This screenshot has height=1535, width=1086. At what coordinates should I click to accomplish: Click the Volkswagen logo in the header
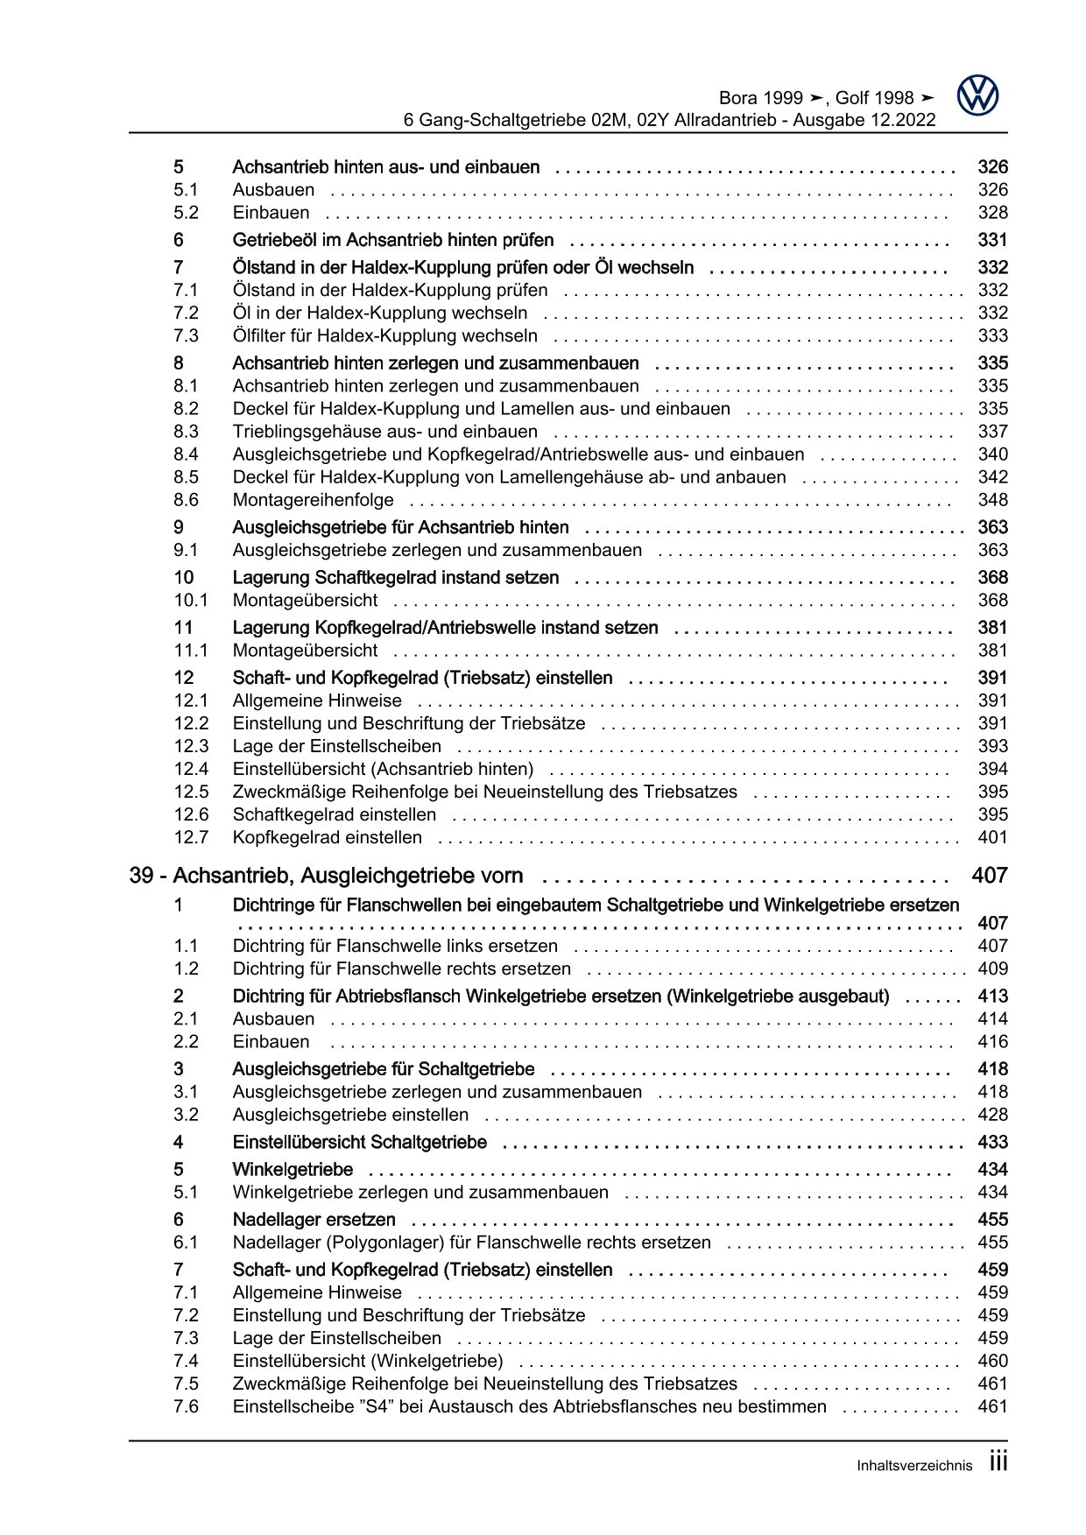[977, 95]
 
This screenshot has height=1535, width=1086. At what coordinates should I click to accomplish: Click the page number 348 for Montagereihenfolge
[992, 500]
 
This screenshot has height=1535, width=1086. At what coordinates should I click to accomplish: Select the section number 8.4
[186, 454]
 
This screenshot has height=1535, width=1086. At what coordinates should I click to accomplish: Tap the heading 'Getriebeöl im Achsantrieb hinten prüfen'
[392, 240]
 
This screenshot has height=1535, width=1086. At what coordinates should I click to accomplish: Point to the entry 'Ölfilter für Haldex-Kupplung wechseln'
[384, 335]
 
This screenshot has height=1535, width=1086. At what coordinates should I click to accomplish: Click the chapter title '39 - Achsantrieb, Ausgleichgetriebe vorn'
[326, 876]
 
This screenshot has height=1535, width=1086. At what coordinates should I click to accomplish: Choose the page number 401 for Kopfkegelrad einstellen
[992, 837]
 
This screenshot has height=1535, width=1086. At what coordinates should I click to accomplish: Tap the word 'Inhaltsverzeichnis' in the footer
[913, 1466]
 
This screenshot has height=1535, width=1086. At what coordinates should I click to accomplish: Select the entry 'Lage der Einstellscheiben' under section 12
[336, 746]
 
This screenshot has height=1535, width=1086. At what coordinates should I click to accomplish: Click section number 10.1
[190, 600]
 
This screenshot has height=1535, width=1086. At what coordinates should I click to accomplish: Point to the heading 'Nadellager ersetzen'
[314, 1220]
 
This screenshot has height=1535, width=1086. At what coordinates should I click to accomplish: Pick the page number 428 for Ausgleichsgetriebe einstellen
[992, 1115]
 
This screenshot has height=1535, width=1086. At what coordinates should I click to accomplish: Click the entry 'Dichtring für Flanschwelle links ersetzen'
[394, 946]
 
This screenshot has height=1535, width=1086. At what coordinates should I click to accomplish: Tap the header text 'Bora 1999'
[759, 98]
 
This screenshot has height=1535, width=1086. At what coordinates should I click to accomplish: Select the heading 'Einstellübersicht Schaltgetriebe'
[359, 1142]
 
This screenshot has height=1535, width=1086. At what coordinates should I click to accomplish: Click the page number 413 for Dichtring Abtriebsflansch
[992, 996]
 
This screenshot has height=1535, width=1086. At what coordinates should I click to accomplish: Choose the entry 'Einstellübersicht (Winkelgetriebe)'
[367, 1361]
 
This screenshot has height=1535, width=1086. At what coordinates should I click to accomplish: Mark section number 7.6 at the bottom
[186, 1406]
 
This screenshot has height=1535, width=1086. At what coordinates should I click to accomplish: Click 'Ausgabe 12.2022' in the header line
[864, 120]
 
